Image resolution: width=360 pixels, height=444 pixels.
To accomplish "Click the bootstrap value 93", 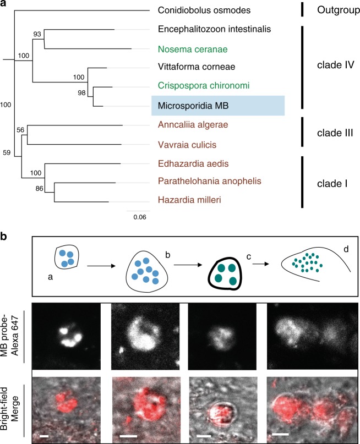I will (36, 34).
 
